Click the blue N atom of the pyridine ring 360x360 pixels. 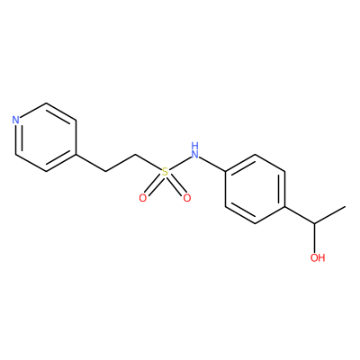click(x=15, y=121)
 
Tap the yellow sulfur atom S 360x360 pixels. click(x=165, y=172)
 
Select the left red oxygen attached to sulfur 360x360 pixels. click(x=143, y=198)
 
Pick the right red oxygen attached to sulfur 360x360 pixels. click(x=187, y=198)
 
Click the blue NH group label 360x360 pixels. click(x=195, y=150)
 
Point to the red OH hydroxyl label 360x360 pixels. click(x=318, y=257)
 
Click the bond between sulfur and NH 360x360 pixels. click(x=180, y=163)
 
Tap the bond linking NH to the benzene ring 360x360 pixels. click(x=212, y=164)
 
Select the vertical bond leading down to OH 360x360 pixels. click(x=315, y=236)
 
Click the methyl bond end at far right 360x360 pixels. click(x=345, y=206)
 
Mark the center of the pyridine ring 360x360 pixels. click(x=46, y=138)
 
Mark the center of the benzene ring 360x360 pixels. click(x=255, y=189)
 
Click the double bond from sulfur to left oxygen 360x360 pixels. click(x=154, y=185)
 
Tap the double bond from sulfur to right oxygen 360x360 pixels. click(x=176, y=185)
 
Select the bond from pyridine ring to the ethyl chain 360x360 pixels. click(x=90, y=163)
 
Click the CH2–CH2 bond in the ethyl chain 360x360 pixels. click(x=121, y=163)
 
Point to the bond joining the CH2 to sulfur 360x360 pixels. click(x=148, y=162)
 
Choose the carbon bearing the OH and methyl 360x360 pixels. click(x=315, y=223)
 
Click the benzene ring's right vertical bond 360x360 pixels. click(x=284, y=189)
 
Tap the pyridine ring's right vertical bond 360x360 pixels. click(x=76, y=138)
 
